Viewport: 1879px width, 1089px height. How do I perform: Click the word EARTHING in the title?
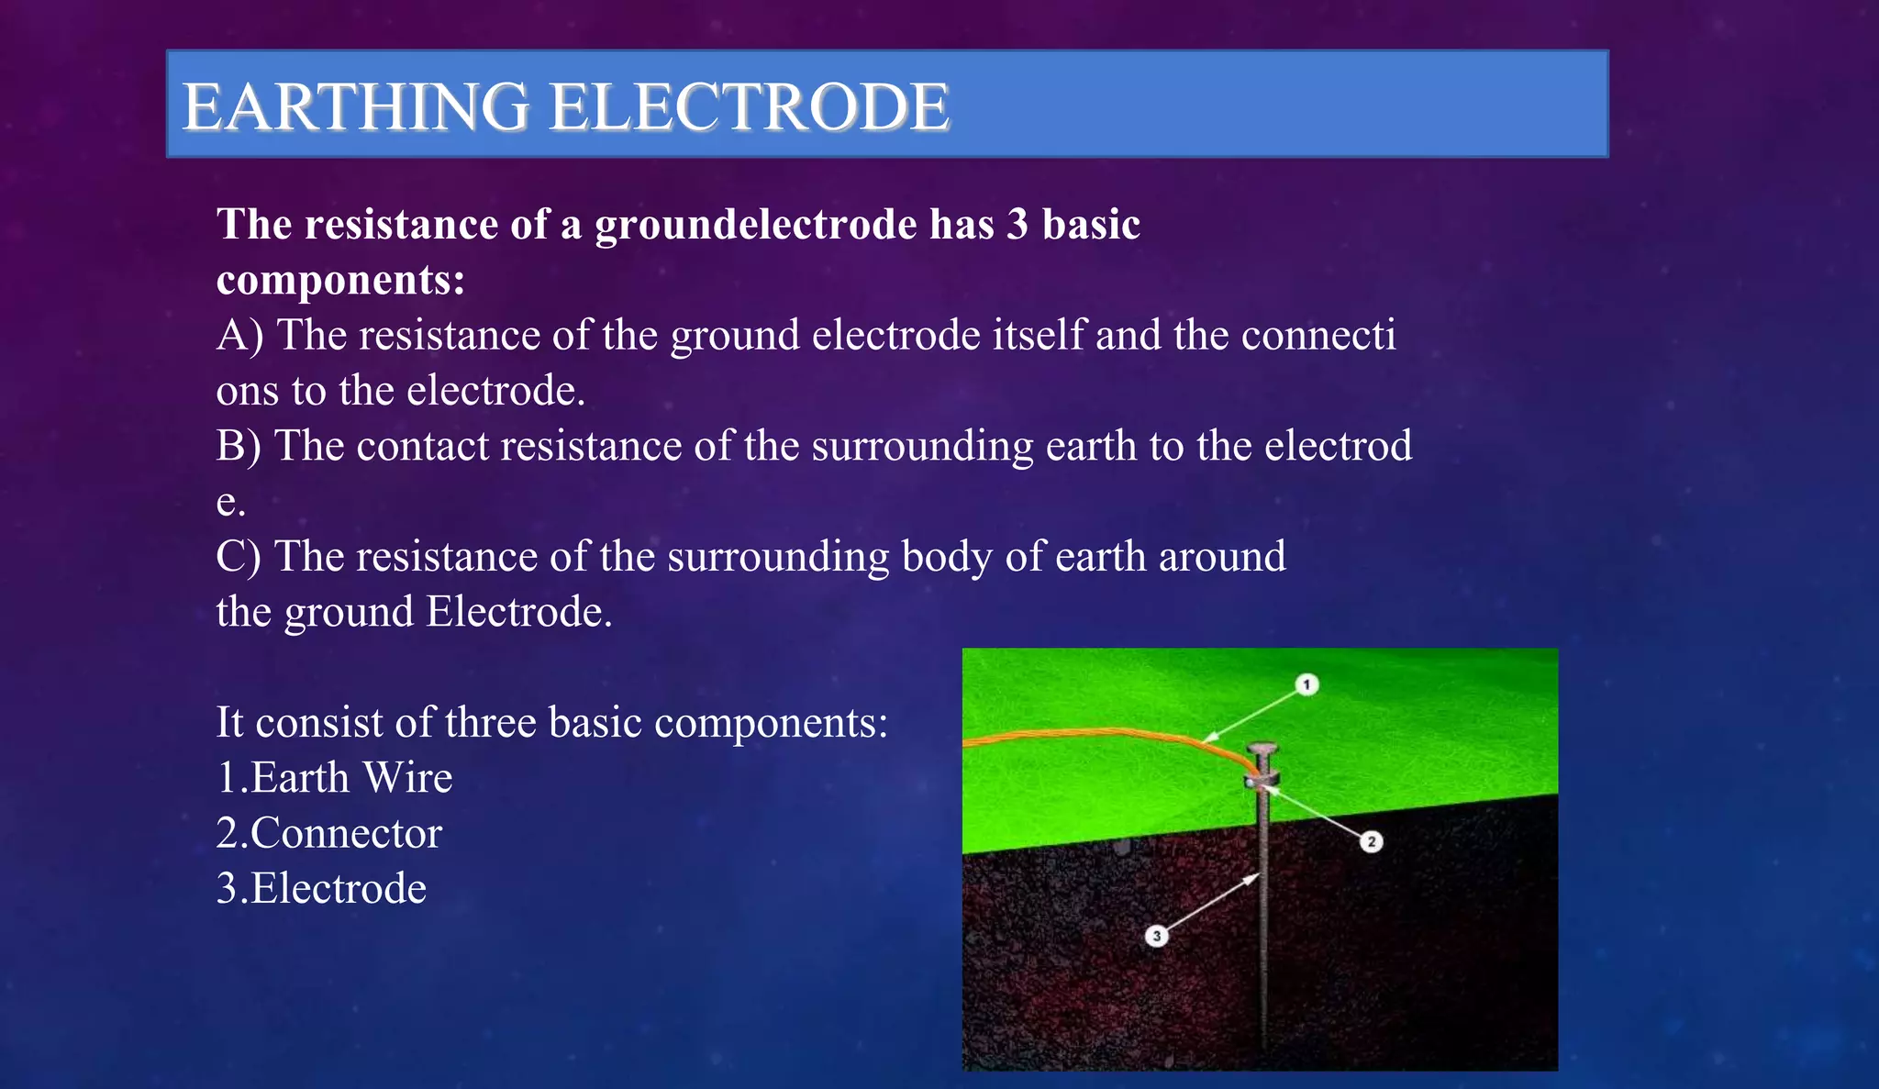(356, 106)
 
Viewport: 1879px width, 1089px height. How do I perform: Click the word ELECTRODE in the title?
(749, 106)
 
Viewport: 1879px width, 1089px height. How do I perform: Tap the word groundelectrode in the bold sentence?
(755, 225)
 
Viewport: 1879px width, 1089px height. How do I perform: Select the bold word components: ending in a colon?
(340, 280)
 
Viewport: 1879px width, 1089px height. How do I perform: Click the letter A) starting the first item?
(239, 336)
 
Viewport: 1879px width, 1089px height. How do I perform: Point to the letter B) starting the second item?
(239, 447)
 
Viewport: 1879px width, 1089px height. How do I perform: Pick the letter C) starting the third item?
(239, 557)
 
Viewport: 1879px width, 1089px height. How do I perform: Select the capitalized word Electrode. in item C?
(519, 612)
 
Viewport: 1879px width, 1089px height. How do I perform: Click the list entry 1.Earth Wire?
(334, 778)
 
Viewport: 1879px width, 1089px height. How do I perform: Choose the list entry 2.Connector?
(328, 833)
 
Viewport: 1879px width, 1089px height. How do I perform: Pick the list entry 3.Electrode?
(321, 888)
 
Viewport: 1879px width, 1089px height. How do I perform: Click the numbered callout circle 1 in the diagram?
(1306, 684)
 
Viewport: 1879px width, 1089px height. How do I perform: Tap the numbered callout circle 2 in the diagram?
(1371, 841)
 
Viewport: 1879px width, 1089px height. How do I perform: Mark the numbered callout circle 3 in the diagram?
(1157, 936)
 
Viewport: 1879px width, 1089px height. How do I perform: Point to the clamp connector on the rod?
(1261, 782)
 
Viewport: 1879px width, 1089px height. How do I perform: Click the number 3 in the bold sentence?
(1017, 225)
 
